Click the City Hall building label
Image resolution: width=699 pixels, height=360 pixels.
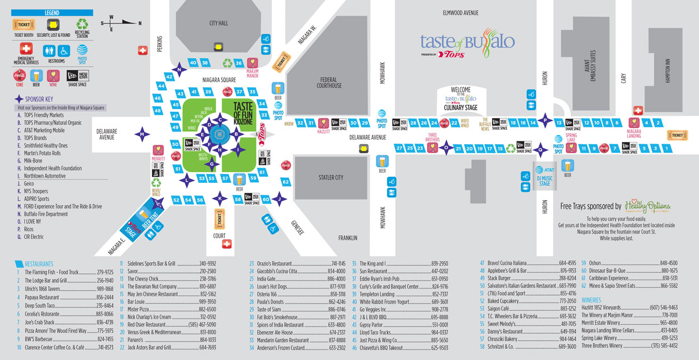click(219, 23)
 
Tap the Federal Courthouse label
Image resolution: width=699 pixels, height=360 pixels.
click(329, 83)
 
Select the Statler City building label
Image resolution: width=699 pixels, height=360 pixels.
click(330, 178)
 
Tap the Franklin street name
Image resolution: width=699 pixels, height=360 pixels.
click(347, 238)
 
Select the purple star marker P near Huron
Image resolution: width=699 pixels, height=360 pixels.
click(545, 120)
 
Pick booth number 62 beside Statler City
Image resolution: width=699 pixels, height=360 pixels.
click(285, 182)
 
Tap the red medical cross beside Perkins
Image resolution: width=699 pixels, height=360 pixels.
click(142, 50)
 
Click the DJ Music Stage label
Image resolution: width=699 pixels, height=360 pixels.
click(545, 180)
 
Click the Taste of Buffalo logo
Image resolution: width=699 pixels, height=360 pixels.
click(467, 42)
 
